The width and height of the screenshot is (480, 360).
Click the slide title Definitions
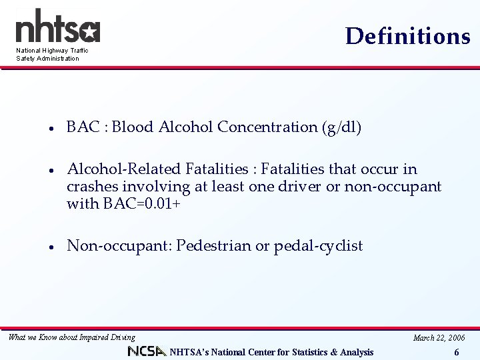[x=407, y=36]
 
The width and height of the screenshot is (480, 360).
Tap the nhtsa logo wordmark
[x=57, y=27]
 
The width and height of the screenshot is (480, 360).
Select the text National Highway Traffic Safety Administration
[x=52, y=55]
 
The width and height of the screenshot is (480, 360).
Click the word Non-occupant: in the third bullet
[x=120, y=246]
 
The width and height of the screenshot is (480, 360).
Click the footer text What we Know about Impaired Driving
[x=71, y=337]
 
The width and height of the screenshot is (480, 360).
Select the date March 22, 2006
[x=439, y=338]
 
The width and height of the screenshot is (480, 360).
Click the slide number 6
[x=457, y=353]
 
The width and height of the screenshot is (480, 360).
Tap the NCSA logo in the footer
[x=146, y=351]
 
